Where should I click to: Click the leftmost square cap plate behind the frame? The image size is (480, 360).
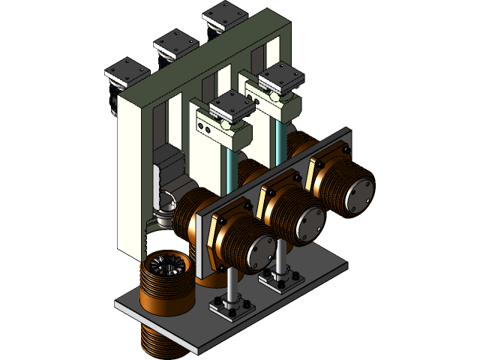click(127, 72)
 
